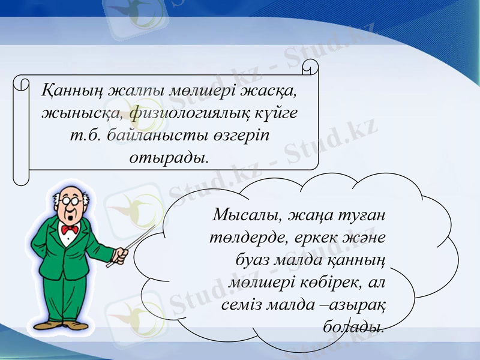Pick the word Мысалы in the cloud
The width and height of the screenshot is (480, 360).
pos(247,214)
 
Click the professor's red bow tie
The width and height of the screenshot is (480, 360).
pos(70,229)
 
